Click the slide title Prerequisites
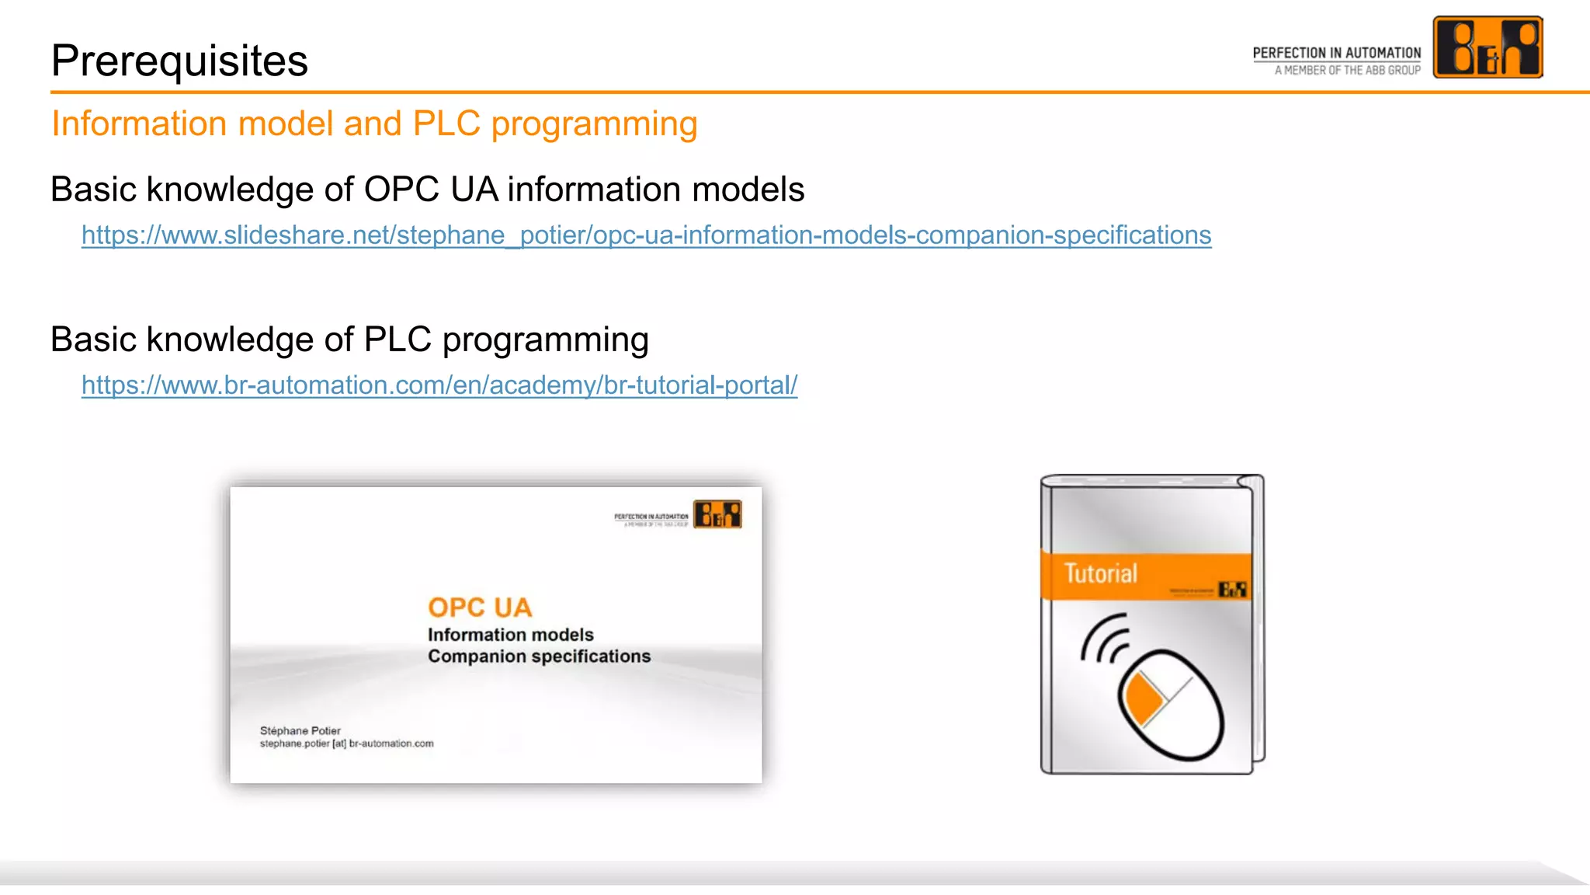point(179,61)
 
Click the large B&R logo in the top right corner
point(1487,47)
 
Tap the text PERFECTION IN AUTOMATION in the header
point(1336,53)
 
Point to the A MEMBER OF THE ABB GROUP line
point(1347,70)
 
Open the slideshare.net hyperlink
point(646,235)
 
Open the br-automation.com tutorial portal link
point(439,385)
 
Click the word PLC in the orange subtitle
point(446,124)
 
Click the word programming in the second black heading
point(545,340)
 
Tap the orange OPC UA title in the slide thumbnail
point(480,608)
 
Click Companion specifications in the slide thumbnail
point(539,656)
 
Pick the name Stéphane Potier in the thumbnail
point(300,730)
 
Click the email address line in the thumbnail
point(346,744)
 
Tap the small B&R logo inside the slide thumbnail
point(717,514)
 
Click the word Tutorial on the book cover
point(1100,573)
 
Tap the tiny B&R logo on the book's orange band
point(1232,590)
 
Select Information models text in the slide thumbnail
point(510,635)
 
